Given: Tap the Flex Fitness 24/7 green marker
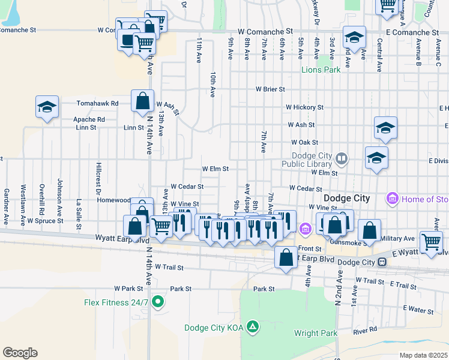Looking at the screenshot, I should pyautogui.click(x=158, y=302).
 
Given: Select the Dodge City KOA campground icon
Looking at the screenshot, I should pyautogui.click(x=253, y=327).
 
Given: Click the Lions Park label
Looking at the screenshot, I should pyautogui.click(x=321, y=70).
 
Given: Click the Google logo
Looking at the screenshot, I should pyautogui.click(x=20, y=353).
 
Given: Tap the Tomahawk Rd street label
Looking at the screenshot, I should pyautogui.click(x=97, y=103).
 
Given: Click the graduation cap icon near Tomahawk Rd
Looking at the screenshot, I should pyautogui.click(x=47, y=107).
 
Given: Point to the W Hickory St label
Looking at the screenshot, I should pyautogui.click(x=304, y=107).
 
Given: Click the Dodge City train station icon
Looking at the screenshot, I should pyautogui.click(x=381, y=262).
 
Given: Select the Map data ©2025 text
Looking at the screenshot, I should pyautogui.click(x=423, y=355).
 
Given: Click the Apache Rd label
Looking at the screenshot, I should pyautogui.click(x=89, y=119).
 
